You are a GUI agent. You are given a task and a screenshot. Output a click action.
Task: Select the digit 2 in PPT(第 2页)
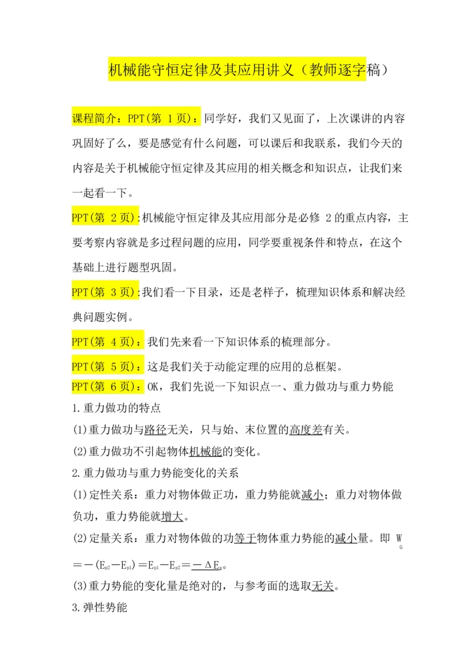(x=115, y=218)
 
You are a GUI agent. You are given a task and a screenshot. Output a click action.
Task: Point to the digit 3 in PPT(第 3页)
(x=115, y=292)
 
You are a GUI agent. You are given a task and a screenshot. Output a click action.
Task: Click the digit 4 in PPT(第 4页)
(x=115, y=342)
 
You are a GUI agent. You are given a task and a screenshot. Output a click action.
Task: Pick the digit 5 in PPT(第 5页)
(x=115, y=367)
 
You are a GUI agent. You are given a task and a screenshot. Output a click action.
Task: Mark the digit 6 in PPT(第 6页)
(x=115, y=387)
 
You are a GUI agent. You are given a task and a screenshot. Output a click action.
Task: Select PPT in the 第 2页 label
(x=79, y=218)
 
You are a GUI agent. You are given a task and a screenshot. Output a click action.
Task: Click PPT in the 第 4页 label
(x=79, y=342)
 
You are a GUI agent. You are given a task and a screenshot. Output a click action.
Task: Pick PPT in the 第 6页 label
(x=79, y=387)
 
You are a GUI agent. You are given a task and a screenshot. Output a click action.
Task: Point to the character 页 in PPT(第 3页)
(x=125, y=292)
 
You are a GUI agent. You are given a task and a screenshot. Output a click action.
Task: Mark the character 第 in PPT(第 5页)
(x=100, y=367)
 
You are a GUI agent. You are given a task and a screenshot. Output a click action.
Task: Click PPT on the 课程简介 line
(x=136, y=118)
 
